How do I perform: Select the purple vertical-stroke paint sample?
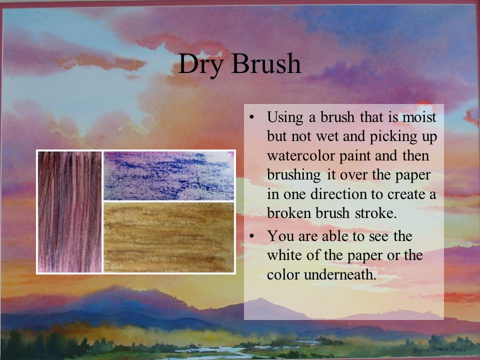pos(69,211)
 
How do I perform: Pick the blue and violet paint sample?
pos(169,175)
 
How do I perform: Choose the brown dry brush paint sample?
pos(169,237)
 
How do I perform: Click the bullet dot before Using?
pos(253,118)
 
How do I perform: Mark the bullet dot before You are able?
pos(253,235)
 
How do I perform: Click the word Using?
pos(285,118)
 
